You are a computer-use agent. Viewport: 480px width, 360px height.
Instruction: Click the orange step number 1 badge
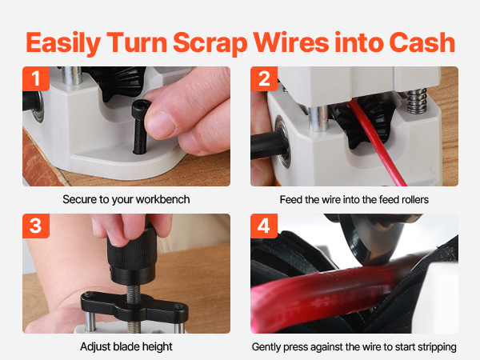[36, 78]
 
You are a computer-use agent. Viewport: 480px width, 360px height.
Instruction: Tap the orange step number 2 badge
[264, 78]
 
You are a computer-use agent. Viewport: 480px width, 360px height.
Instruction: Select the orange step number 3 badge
[36, 226]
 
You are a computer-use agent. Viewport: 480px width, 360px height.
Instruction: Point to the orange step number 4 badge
[264, 226]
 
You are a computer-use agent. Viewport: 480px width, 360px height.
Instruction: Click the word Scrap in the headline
[210, 44]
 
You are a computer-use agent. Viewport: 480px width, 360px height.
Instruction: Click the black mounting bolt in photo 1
[141, 126]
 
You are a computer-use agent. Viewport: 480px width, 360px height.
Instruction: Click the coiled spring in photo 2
[417, 100]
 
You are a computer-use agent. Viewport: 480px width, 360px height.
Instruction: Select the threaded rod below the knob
[133, 294]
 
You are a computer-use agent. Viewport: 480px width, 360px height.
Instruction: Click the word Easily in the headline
[63, 44]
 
